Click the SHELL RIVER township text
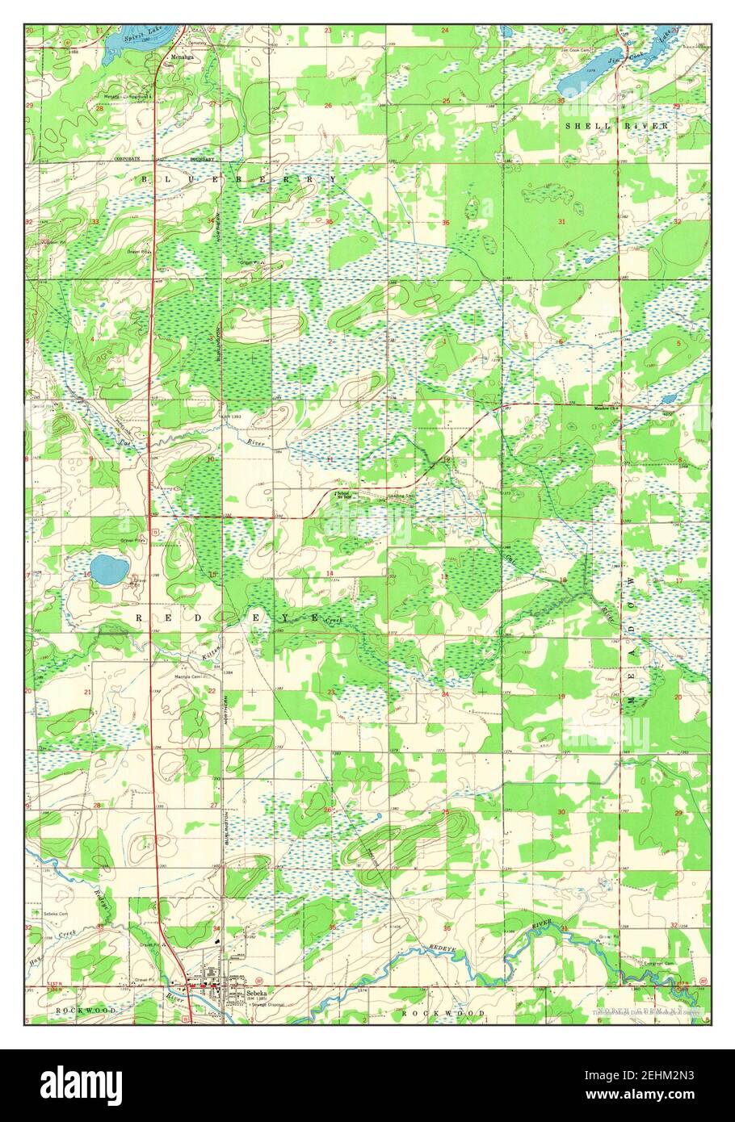coord(617,127)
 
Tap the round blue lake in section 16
coord(107,569)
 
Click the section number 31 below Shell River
coord(559,220)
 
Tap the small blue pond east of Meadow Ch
coord(668,399)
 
